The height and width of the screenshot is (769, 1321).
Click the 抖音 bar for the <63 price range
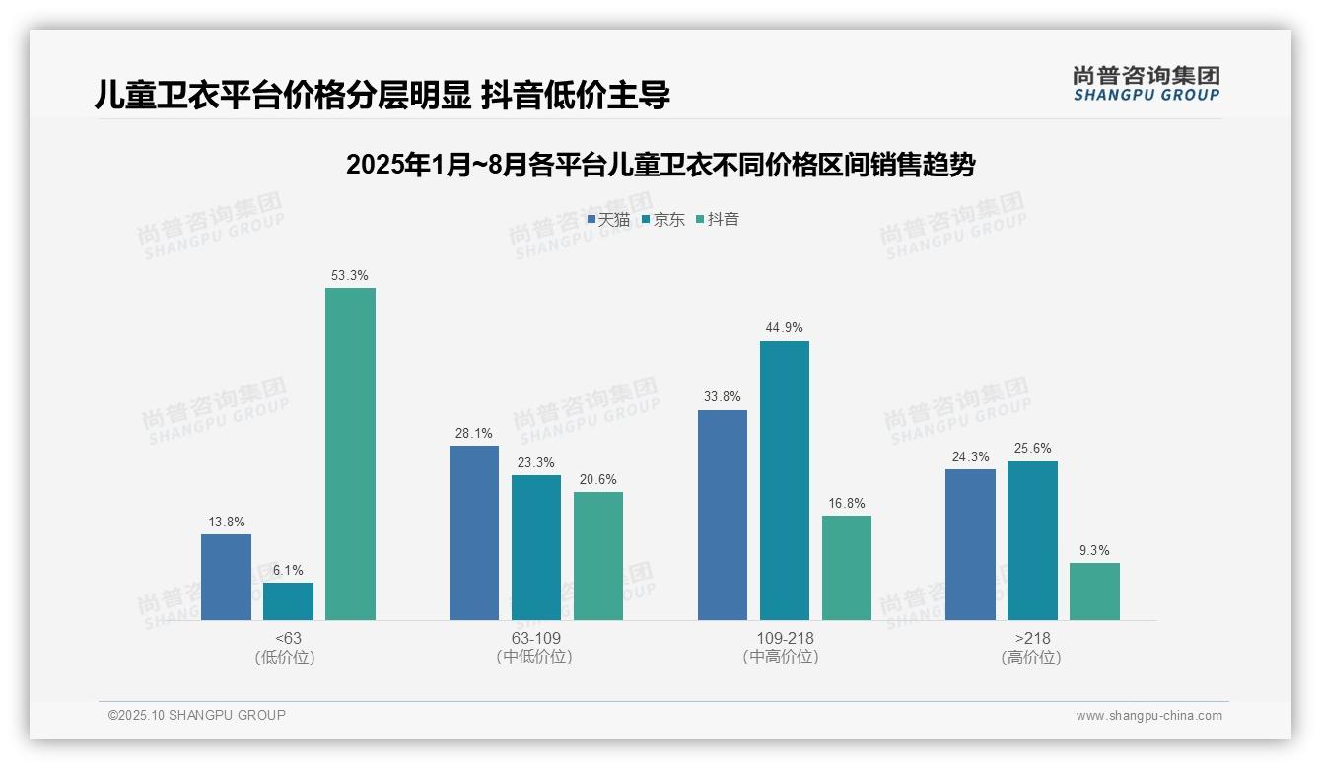350,454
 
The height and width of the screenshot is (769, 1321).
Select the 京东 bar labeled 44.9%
785,480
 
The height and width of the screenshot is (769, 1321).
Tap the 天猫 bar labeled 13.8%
226,577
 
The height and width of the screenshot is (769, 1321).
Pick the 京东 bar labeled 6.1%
288,601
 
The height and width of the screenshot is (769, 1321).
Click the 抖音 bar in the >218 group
1094,592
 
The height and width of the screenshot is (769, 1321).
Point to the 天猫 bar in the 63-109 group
474,532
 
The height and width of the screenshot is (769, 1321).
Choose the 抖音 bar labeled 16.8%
847,568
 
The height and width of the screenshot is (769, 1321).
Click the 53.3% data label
350,275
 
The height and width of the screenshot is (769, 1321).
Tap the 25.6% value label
1032,449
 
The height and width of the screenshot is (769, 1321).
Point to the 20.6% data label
598,479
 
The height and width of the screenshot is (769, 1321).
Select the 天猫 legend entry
608,220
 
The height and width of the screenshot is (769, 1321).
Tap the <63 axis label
288,638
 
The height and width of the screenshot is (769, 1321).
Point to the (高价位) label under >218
1031,658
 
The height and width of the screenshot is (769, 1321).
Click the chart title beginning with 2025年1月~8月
660,165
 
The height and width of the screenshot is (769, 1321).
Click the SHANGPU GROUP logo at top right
1146,84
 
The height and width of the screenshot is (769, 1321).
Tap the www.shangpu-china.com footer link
1148,716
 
